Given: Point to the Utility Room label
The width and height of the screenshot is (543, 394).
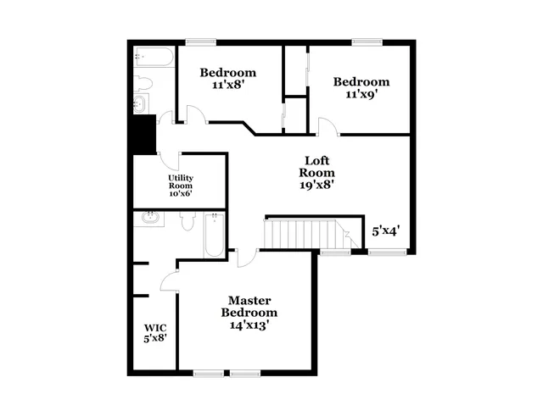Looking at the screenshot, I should pos(180,181).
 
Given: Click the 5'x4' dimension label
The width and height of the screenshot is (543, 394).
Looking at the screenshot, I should pos(386,230).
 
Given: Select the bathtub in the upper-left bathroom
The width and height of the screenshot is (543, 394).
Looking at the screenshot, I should pos(154,58).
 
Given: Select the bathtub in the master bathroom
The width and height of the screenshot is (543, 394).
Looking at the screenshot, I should pos(214,236).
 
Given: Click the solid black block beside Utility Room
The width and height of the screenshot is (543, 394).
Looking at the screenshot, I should pos(143,133).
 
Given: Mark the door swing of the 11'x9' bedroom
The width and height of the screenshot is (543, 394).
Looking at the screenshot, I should pos(328,126).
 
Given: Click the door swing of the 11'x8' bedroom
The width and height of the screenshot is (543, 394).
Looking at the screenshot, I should pos(194,114).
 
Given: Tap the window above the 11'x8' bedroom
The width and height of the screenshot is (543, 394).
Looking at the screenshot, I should pos(201,41).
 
